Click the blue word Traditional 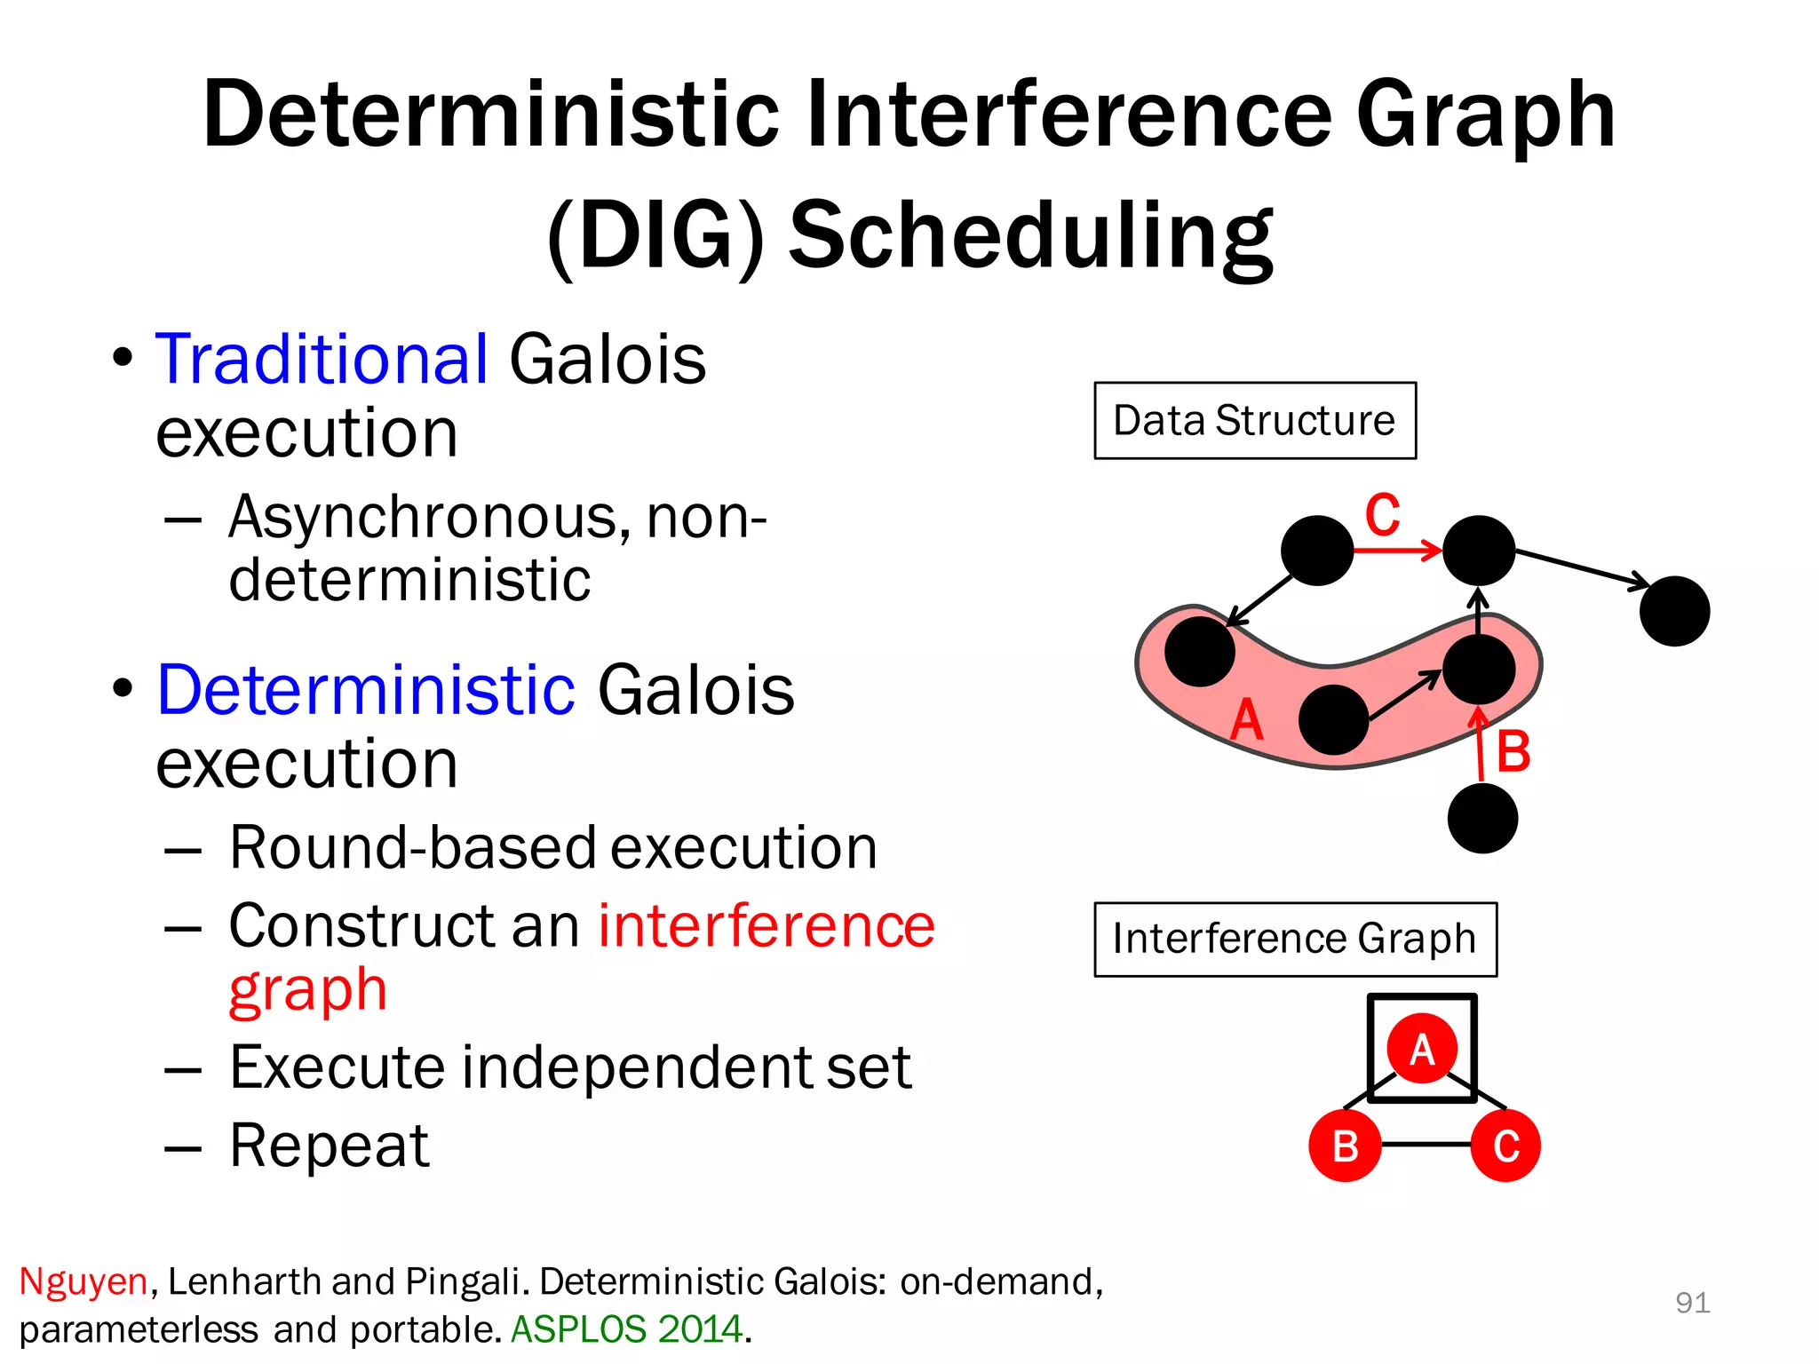pyautogui.click(x=322, y=360)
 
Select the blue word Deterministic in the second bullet pyautogui.click(x=366, y=690)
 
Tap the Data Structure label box pyautogui.click(x=1254, y=421)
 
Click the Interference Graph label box pyautogui.click(x=1294, y=940)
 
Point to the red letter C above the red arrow pyautogui.click(x=1382, y=515)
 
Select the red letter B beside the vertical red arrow pyautogui.click(x=1513, y=752)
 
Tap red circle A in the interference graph pyautogui.click(x=1422, y=1049)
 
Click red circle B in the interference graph pyautogui.click(x=1345, y=1146)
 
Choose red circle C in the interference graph pyautogui.click(x=1505, y=1146)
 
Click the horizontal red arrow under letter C pyautogui.click(x=1396, y=551)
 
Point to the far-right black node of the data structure pyautogui.click(x=1674, y=611)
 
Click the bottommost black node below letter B pyautogui.click(x=1481, y=818)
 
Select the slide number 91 pyautogui.click(x=1692, y=1303)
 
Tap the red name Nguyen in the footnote pyautogui.click(x=83, y=1281)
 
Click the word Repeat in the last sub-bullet pyautogui.click(x=329, y=1146)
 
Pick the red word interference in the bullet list pyautogui.click(x=766, y=926)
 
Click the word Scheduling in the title pyautogui.click(x=1030, y=234)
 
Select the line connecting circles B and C pyautogui.click(x=1426, y=1145)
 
